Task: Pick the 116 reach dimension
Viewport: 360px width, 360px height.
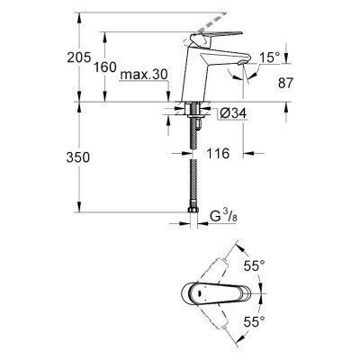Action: point(215,154)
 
